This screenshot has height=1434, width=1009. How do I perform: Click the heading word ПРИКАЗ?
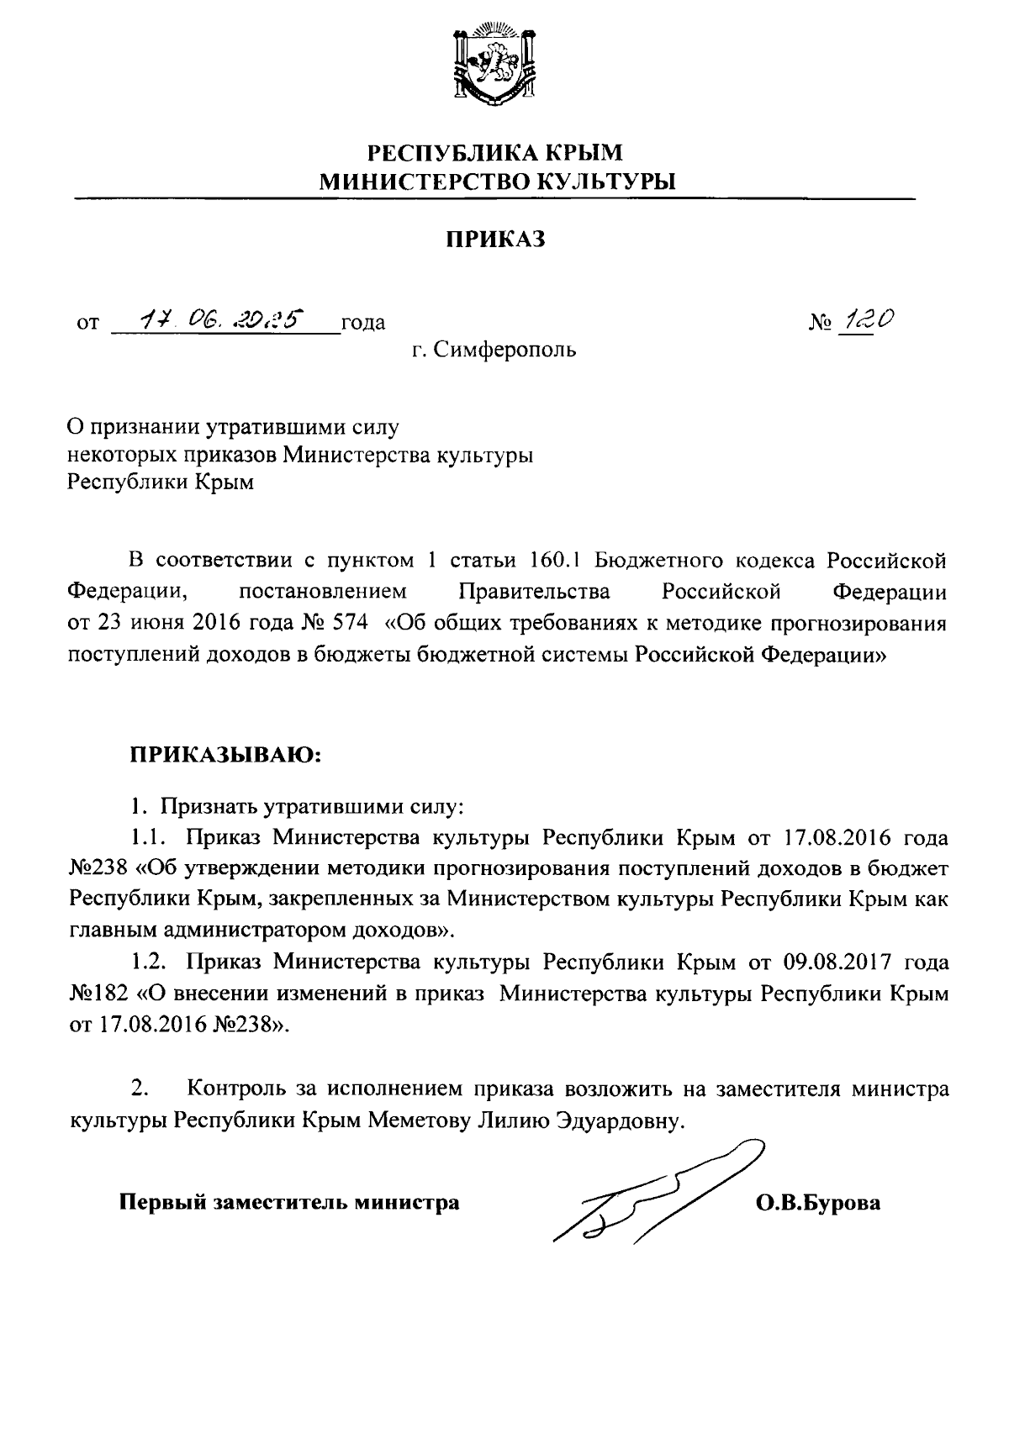495,240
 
